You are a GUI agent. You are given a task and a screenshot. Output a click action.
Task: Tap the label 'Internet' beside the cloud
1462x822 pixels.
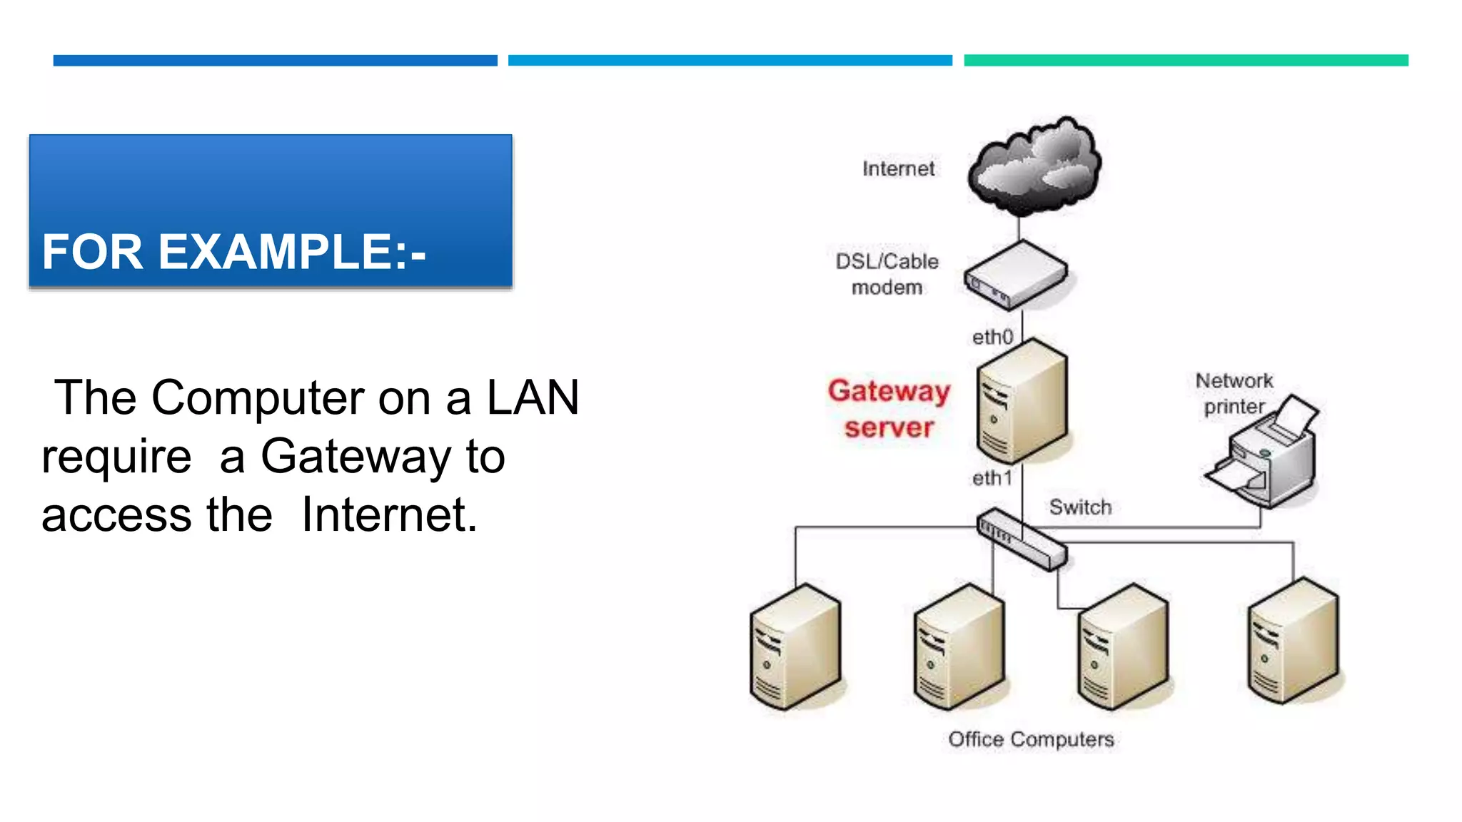click(898, 169)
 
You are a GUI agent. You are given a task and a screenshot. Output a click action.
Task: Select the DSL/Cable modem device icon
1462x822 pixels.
click(1016, 275)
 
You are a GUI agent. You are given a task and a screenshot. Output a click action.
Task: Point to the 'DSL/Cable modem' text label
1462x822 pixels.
click(887, 274)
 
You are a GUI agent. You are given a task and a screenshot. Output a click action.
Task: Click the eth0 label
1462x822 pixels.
click(992, 337)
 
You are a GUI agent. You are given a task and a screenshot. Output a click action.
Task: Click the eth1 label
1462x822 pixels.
click(992, 478)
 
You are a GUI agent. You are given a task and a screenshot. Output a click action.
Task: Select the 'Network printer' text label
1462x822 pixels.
click(1234, 393)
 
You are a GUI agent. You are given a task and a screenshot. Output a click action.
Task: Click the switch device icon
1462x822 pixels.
click(1022, 539)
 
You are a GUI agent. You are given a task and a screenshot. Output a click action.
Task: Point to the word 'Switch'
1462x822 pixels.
click(1080, 507)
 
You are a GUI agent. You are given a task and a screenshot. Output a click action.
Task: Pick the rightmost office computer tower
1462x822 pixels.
click(1293, 641)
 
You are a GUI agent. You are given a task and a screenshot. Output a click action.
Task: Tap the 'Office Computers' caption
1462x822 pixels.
click(1031, 739)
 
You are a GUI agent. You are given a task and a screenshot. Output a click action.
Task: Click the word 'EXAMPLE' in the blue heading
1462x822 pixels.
click(274, 252)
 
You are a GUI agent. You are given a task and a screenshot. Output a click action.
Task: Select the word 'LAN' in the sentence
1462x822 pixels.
click(533, 397)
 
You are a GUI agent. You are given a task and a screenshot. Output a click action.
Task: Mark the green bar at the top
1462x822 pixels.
click(1186, 61)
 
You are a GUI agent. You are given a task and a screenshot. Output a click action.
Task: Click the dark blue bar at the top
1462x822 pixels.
click(275, 61)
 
